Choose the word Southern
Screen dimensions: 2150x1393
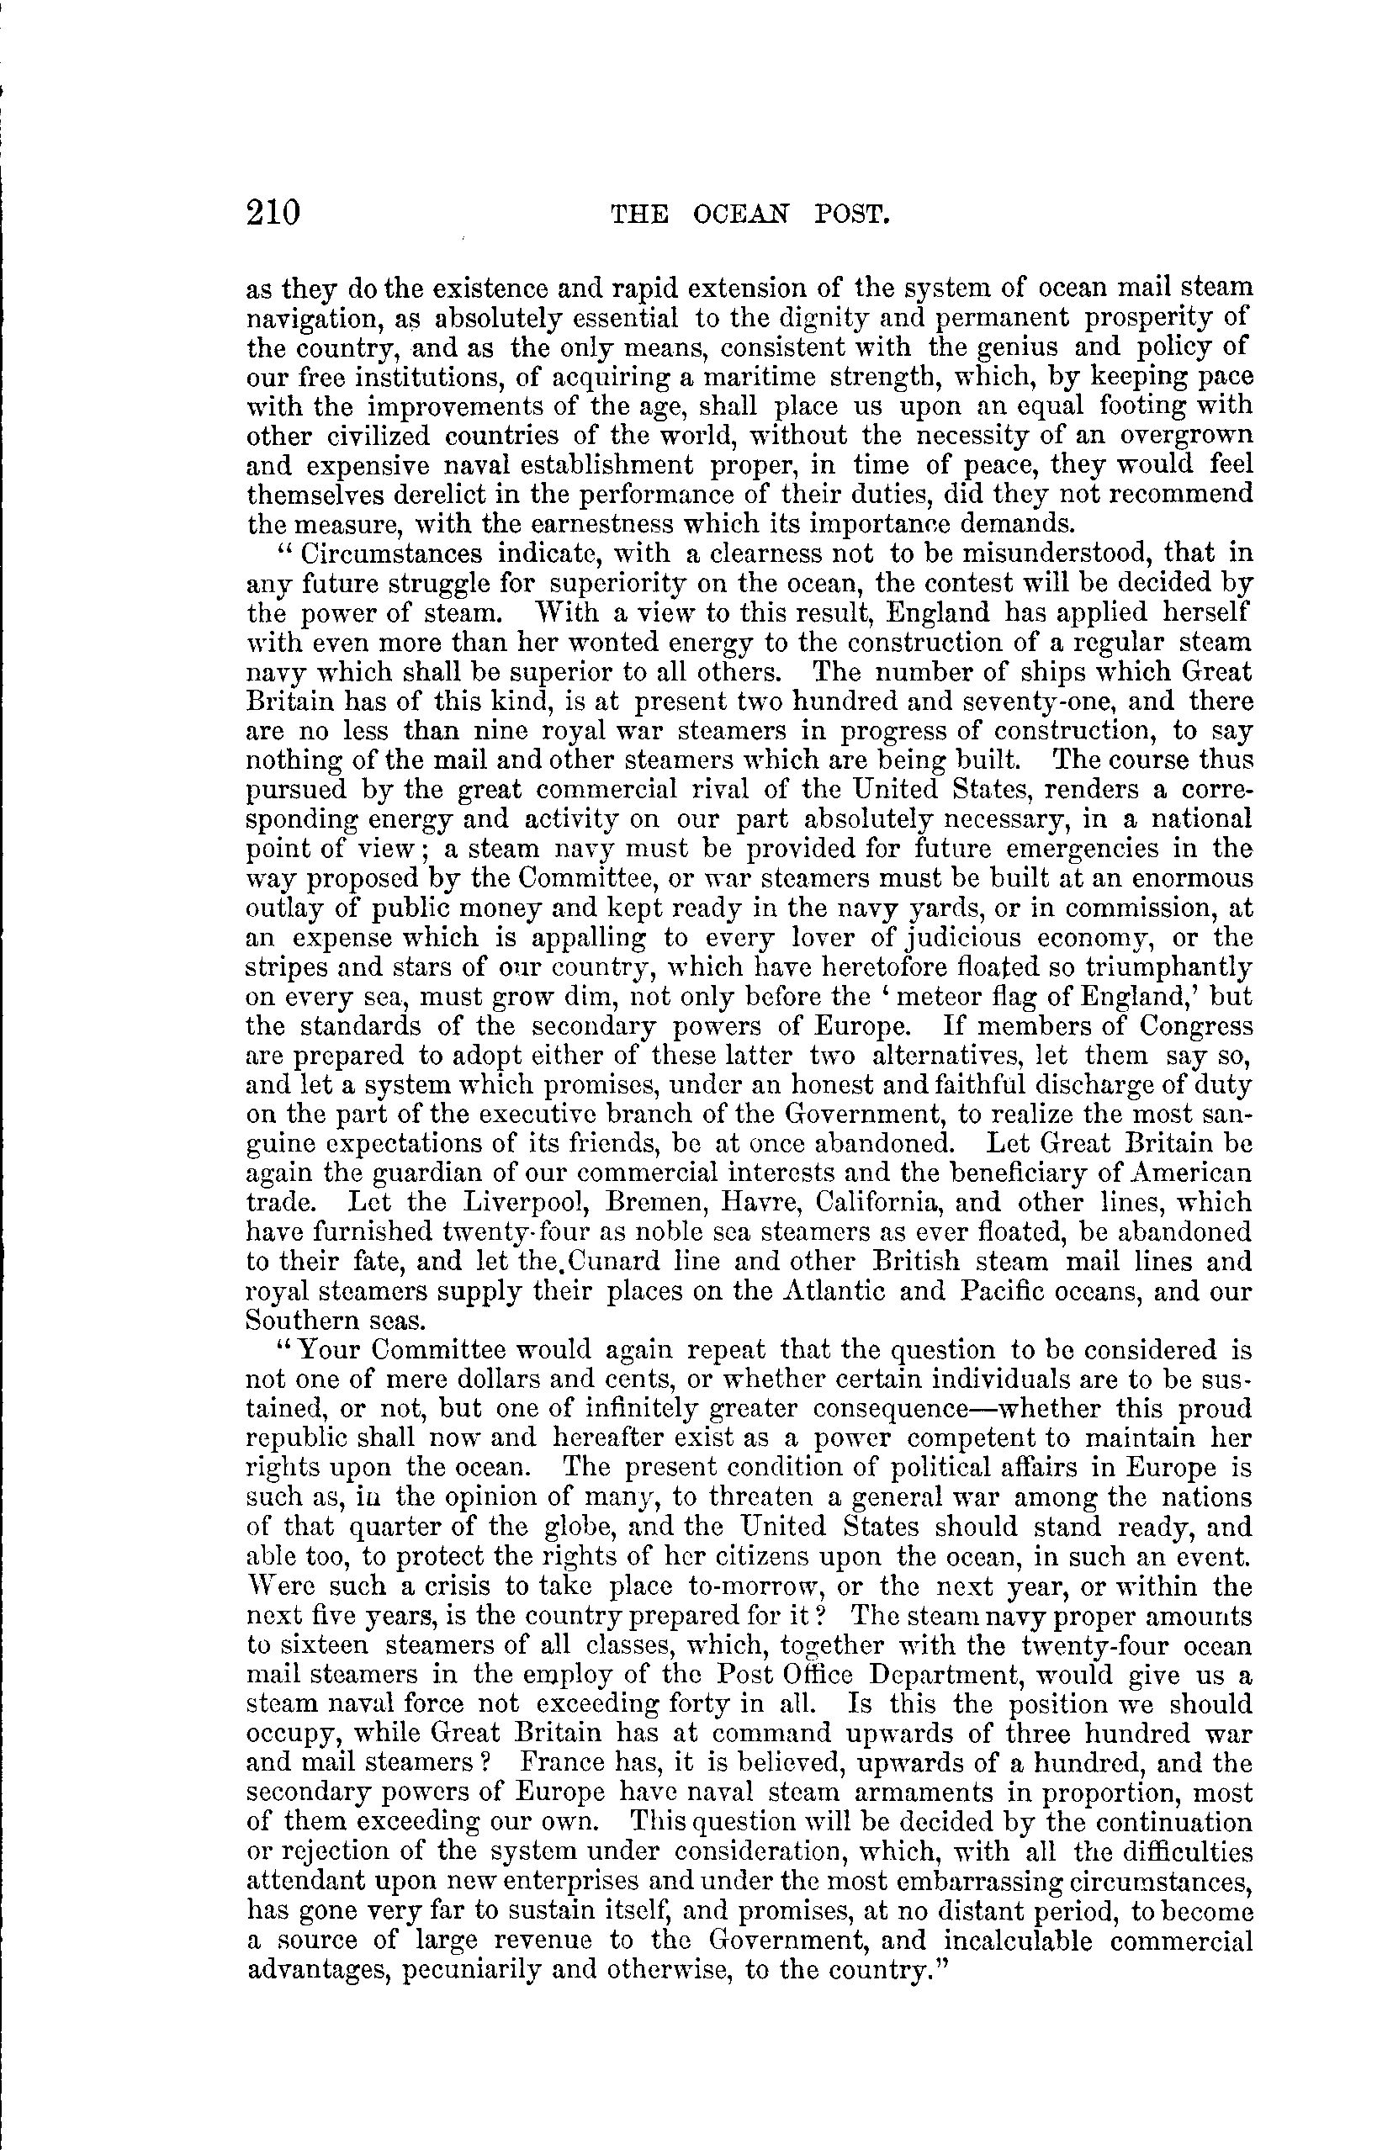(298, 1321)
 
